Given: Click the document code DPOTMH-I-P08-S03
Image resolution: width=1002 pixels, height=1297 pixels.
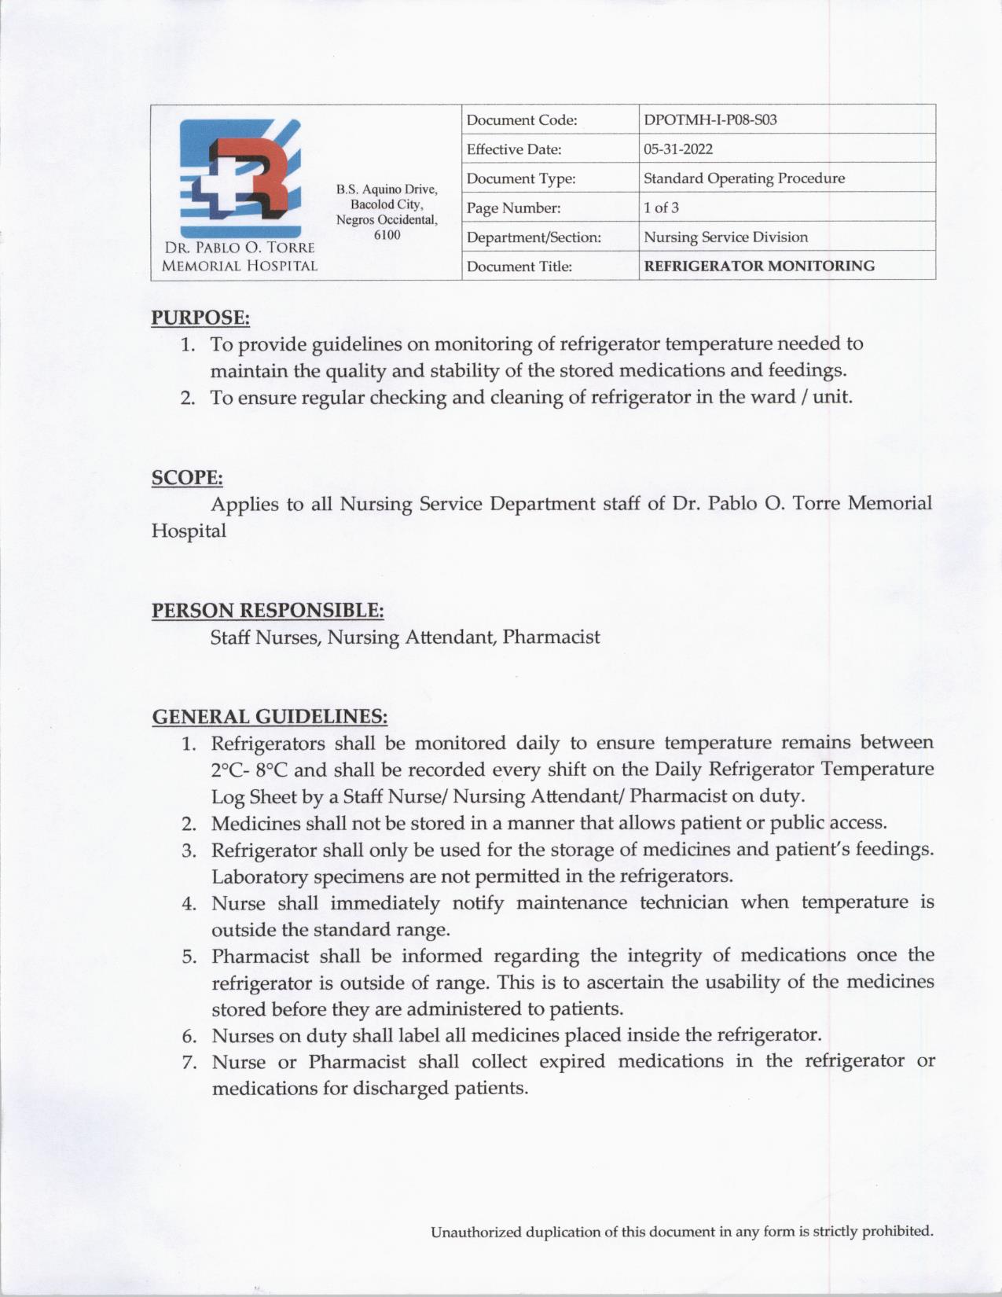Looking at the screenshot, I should [710, 120].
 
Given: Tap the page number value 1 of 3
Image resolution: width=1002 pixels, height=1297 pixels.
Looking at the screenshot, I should [661, 208].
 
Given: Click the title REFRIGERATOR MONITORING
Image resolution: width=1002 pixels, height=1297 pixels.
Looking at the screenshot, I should [758, 266].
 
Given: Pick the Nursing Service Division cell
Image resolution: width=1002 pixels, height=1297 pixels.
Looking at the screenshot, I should [725, 237].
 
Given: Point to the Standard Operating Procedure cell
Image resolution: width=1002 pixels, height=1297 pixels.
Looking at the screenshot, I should [743, 178].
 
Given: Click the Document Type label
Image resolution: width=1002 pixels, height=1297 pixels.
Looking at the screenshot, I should [520, 179].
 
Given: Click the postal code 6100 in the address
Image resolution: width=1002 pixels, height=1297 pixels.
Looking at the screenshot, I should [387, 234].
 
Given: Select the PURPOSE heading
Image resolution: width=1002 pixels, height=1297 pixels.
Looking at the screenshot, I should [200, 318].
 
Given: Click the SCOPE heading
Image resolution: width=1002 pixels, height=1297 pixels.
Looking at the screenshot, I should [187, 478].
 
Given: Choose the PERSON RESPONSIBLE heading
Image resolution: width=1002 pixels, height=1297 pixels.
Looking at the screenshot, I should [267, 611].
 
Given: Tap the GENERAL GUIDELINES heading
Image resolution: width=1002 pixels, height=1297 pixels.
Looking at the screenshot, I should [270, 717].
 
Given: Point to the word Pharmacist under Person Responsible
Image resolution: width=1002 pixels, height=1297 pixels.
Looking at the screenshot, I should [551, 637].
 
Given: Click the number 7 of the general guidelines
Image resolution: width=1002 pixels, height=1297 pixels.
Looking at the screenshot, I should [189, 1063].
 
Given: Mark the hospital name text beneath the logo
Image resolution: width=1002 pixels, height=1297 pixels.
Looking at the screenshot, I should [239, 257].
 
